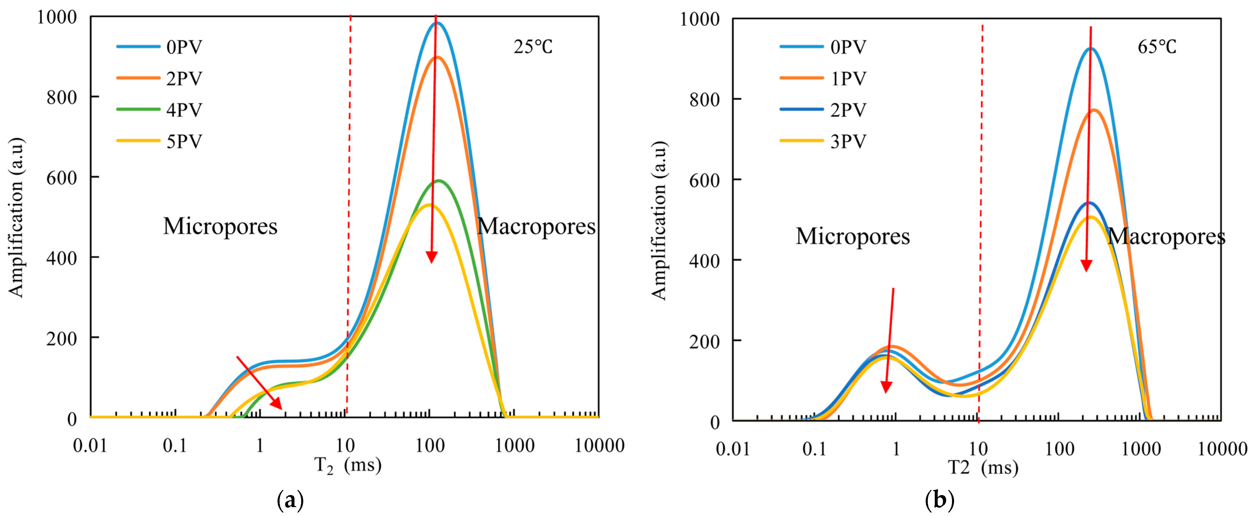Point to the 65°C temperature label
click(x=1157, y=47)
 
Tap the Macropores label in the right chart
click(x=1166, y=237)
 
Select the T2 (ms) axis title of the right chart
click(x=983, y=468)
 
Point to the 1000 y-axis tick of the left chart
click(x=57, y=18)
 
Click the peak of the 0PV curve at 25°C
click(x=437, y=22)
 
